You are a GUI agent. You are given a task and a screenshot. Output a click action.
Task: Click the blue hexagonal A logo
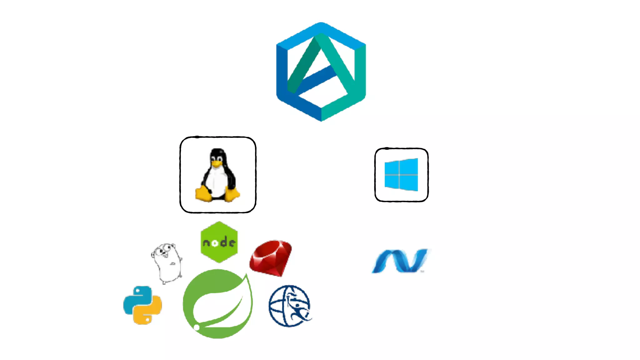321,72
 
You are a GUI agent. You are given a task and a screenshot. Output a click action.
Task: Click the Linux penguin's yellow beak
217,163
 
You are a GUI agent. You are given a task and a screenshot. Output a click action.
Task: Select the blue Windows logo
401,175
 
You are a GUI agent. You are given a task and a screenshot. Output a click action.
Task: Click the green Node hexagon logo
219,242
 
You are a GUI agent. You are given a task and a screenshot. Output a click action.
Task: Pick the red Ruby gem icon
271,258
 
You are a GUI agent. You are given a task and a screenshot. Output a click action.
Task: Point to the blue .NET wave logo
400,261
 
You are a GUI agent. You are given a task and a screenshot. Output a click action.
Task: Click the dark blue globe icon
289,306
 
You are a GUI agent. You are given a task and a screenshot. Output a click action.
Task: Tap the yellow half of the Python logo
147,314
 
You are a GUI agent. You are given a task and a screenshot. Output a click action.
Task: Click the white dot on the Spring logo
197,327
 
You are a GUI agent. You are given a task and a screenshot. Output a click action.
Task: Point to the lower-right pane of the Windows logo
409,183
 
